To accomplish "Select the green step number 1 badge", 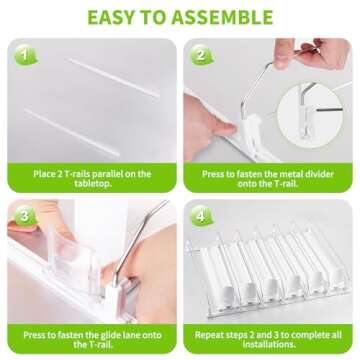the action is (25, 55).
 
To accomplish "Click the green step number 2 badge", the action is (201, 55).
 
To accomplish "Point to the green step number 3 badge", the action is (25, 216).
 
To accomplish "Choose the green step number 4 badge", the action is (201, 216).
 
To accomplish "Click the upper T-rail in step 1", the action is (114, 78).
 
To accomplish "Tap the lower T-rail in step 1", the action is (72, 132).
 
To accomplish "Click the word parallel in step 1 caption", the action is (114, 174).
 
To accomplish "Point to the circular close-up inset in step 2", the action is (310, 116).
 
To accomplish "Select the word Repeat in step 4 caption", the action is (209, 335).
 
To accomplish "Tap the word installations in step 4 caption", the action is (269, 344).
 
